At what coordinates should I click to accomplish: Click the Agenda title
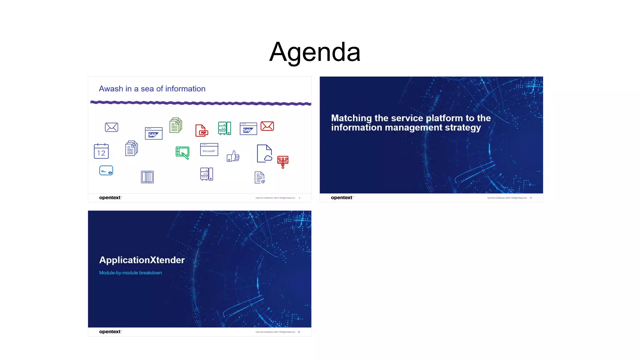[x=315, y=52]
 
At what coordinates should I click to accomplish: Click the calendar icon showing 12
[x=101, y=151]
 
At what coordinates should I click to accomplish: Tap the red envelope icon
[x=267, y=126]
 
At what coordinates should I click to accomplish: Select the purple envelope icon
[x=112, y=127]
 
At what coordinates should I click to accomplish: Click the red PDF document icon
[x=202, y=130]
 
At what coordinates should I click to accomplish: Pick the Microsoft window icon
[x=209, y=150]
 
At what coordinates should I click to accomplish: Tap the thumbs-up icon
[x=233, y=156]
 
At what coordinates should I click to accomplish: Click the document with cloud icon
[x=264, y=153]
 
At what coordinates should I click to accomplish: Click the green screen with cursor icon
[x=182, y=153]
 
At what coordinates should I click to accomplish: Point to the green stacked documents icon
[x=176, y=125]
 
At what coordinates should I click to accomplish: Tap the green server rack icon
[x=224, y=128]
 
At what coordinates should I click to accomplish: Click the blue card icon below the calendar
[x=106, y=171]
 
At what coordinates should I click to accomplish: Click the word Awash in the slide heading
[x=111, y=89]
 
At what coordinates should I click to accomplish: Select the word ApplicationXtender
[x=142, y=260]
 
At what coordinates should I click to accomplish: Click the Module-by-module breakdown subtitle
[x=131, y=273]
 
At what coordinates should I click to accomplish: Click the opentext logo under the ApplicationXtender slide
[x=110, y=332]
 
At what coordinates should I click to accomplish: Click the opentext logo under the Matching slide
[x=342, y=197]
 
